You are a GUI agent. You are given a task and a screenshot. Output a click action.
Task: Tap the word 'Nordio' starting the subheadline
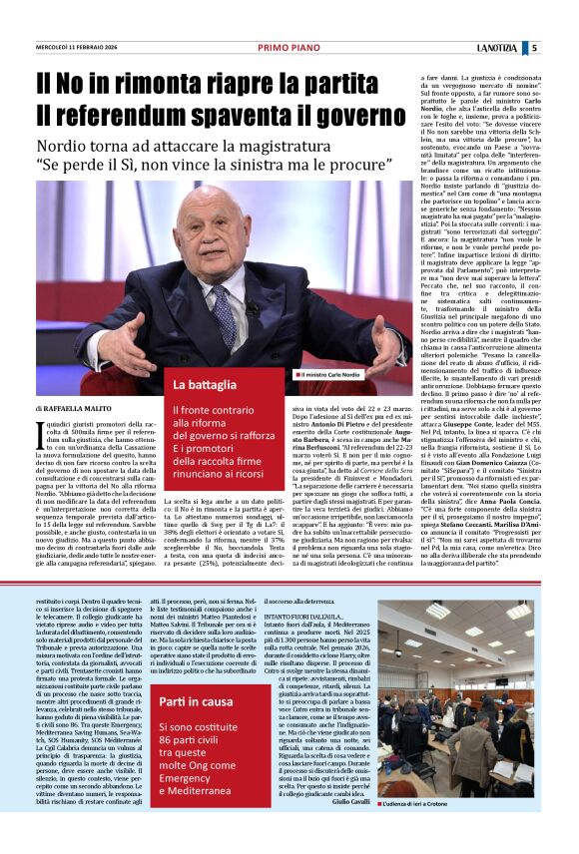pos(65,144)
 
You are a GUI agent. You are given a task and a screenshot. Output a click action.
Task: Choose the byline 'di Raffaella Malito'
pos(75,409)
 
